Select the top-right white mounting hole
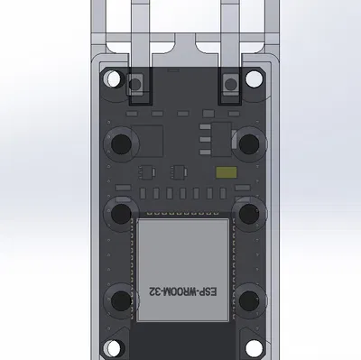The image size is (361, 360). click(x=255, y=80)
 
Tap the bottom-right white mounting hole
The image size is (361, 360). click(x=254, y=346)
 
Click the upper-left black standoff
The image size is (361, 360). click(x=119, y=143)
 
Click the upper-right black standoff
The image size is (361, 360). click(x=249, y=142)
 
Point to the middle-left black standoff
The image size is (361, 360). click(x=119, y=213)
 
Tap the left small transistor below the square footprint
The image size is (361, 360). click(x=144, y=171)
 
